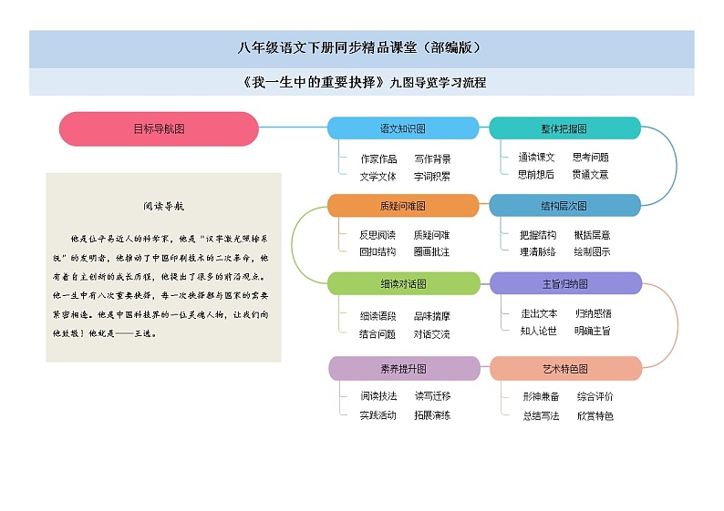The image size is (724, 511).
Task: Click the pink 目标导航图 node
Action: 159,129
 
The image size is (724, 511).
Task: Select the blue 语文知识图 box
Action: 402,128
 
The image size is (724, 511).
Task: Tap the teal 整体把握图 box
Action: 564,128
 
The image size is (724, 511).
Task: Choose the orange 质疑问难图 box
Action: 402,206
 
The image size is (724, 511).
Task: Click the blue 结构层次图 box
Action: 564,206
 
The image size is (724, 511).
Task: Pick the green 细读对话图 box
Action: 402,283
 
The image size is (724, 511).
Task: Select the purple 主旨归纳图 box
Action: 565,283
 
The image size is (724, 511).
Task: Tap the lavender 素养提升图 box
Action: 403,368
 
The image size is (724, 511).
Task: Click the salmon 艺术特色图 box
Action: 565,368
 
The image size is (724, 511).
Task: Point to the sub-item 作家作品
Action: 378,158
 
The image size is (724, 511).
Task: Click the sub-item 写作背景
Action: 432,158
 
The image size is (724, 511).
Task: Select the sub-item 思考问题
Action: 591,158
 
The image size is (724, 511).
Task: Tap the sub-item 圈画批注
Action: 431,251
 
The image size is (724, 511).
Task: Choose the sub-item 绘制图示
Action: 592,251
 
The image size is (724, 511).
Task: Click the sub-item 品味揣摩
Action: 432,316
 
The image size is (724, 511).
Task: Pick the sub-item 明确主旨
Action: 592,331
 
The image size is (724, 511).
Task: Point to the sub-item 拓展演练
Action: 432,415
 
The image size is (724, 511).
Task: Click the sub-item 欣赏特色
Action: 595,415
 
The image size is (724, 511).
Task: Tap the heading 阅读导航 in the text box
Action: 164,206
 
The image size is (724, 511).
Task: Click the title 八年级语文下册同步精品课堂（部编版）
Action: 361,48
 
